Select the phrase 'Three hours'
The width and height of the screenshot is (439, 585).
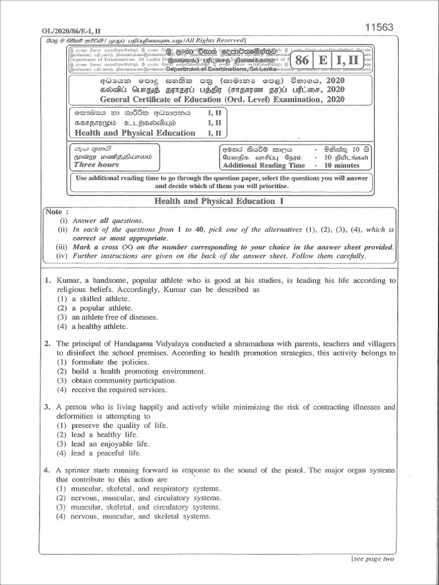(96, 165)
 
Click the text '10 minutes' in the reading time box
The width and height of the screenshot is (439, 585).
(342, 165)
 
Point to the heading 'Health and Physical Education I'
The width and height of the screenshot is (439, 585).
(219, 201)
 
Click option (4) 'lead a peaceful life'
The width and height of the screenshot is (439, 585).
(98, 453)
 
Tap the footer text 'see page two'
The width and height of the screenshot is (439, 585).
(373, 559)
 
